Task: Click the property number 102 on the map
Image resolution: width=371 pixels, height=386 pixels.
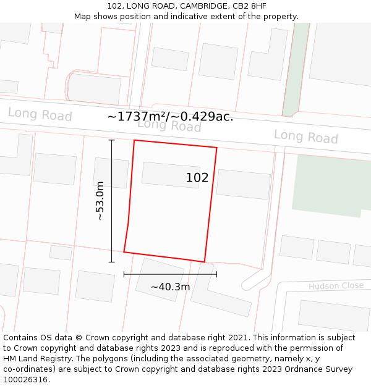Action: (x=197, y=178)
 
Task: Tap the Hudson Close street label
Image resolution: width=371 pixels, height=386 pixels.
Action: (x=336, y=286)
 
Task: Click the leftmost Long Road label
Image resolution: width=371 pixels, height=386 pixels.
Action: (x=40, y=114)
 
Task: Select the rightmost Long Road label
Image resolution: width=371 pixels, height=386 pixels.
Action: (x=305, y=136)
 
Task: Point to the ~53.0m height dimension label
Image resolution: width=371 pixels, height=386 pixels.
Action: (x=100, y=201)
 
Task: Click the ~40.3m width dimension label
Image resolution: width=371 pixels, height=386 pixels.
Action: (x=170, y=287)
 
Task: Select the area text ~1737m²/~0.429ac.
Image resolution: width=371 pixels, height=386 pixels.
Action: (x=170, y=116)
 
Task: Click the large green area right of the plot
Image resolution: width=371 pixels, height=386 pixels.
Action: (x=331, y=184)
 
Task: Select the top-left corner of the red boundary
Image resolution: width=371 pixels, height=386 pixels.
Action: (x=134, y=140)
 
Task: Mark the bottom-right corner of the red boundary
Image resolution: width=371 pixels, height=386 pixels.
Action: (x=205, y=262)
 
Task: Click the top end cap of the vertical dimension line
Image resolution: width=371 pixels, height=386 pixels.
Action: (x=112, y=140)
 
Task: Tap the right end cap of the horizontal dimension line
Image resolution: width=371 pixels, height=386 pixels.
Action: (x=216, y=274)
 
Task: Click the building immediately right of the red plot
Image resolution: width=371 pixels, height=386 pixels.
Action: (x=243, y=183)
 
